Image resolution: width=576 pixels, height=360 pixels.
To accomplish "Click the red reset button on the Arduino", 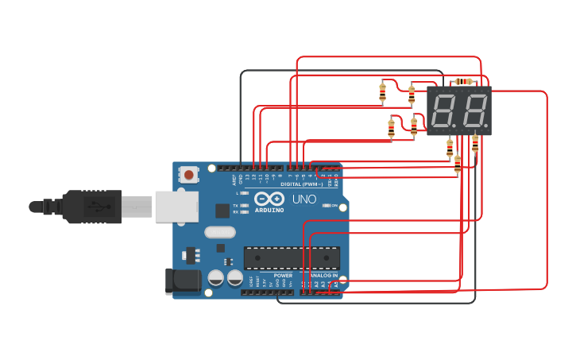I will (188, 174).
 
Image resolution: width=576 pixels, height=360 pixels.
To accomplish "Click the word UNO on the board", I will (303, 199).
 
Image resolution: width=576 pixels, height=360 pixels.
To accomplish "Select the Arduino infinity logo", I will (269, 199).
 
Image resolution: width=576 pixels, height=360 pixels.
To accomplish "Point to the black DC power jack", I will (180, 281).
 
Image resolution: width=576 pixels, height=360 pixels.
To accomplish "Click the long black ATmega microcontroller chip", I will (292, 257).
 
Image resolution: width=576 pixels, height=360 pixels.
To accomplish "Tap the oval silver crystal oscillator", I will (220, 232).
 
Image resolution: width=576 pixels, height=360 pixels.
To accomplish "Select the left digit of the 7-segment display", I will (443, 110).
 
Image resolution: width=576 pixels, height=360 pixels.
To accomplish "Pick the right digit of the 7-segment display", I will (474, 110).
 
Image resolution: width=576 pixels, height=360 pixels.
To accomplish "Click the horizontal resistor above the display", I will (464, 81).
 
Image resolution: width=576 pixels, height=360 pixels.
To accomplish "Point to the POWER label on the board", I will (283, 275).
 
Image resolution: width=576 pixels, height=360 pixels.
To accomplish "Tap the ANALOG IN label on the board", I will (323, 275).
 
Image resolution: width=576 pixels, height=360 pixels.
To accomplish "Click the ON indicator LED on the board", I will (327, 205).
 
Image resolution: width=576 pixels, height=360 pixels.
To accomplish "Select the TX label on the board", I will (235, 205).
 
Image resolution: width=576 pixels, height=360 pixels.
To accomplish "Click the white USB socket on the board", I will (176, 207).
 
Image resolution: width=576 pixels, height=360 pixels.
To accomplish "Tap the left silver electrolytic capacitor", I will (215, 277).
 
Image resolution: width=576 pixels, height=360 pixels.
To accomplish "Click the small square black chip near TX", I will (223, 211).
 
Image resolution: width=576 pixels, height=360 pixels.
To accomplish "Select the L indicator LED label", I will (237, 193).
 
